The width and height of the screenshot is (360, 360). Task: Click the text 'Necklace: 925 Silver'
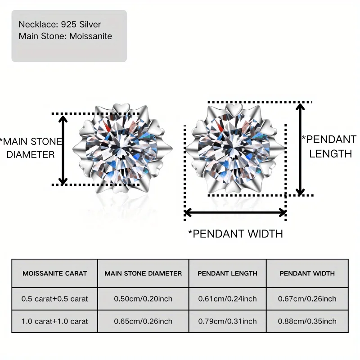coord(60,24)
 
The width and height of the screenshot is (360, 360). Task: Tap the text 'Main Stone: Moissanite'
coord(65,36)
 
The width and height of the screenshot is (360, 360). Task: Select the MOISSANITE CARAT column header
coord(55,273)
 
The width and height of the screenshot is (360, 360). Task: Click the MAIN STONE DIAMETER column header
coord(143,273)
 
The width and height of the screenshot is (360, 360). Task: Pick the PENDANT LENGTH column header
coord(228,273)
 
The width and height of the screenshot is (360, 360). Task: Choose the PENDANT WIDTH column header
coord(307,273)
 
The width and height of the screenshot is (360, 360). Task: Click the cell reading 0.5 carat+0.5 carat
coord(55,298)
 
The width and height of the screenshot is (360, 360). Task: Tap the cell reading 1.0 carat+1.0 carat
coord(55,321)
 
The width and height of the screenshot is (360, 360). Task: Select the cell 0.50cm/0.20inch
coord(143,298)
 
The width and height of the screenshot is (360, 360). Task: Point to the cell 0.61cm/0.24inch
coord(228,298)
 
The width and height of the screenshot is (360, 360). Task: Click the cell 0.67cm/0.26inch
coord(307,298)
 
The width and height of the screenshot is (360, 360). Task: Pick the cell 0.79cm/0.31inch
coord(228,321)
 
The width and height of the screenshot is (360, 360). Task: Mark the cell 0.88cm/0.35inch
coord(307,321)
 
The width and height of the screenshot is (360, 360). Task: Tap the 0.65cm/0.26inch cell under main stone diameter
coord(143,321)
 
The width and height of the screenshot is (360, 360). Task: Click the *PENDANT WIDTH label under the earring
coord(235,234)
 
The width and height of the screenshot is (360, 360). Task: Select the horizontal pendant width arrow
coord(235,212)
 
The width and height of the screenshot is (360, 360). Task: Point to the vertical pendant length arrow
coord(300,149)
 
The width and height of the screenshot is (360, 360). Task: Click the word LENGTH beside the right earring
coord(331,153)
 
